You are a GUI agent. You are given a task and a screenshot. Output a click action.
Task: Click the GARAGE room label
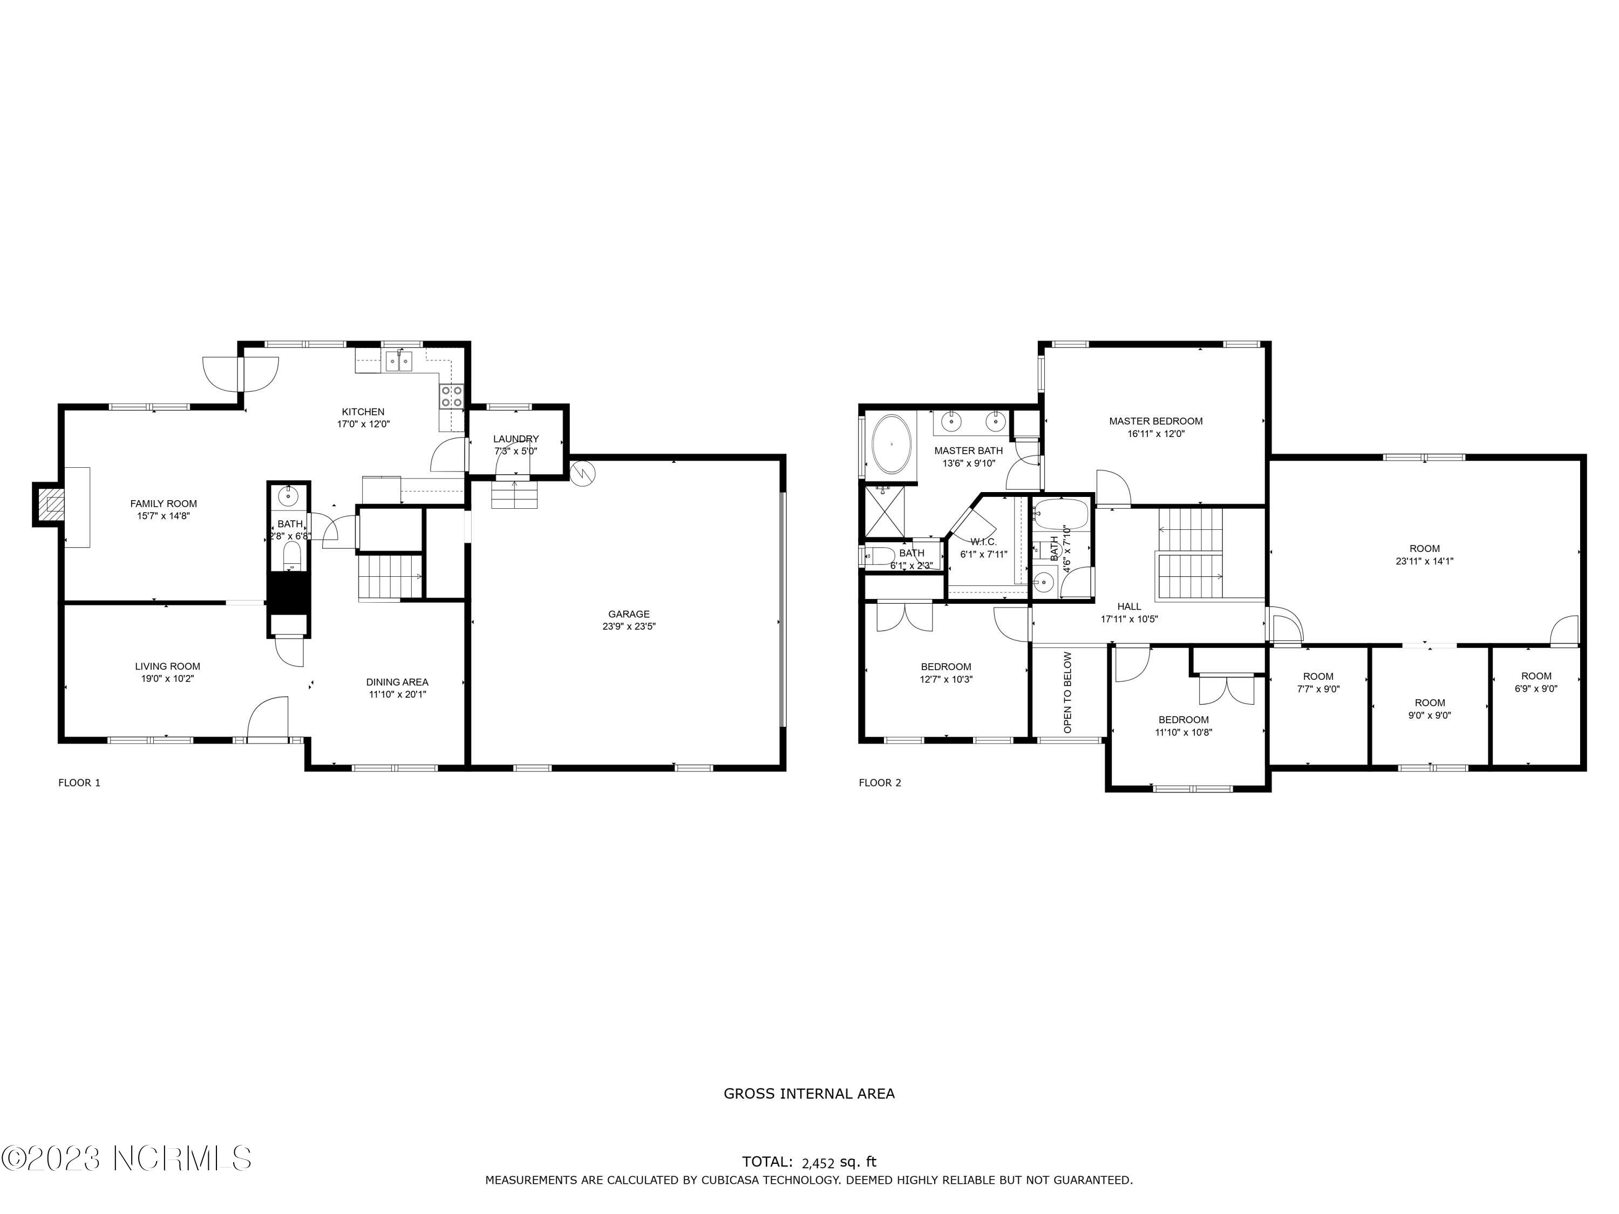tap(629, 614)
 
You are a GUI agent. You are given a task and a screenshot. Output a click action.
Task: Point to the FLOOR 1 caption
tap(79, 783)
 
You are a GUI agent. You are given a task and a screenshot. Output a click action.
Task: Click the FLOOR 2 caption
tap(880, 783)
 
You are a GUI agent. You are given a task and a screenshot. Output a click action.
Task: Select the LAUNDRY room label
tap(516, 439)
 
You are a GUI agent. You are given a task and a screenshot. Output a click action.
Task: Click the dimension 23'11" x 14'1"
tap(1424, 561)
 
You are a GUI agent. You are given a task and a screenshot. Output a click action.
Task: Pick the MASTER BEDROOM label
tap(1156, 421)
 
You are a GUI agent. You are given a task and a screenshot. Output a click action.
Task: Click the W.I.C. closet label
tap(984, 542)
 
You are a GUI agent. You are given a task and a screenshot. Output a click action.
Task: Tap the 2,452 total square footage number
tap(818, 1162)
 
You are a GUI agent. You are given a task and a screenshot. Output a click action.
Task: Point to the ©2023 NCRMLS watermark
tap(127, 1158)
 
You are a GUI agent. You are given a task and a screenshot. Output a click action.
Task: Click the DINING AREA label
tap(397, 682)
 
